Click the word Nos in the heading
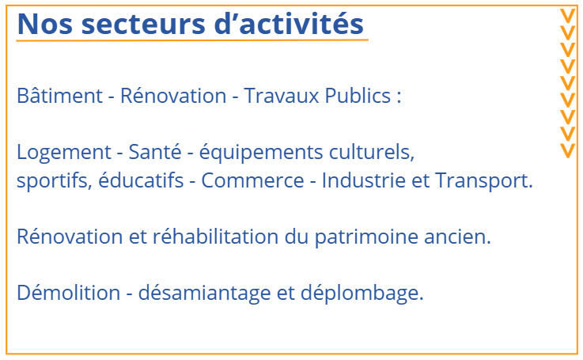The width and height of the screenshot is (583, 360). [44, 24]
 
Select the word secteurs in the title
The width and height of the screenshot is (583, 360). [143, 24]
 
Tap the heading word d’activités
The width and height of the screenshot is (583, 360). [289, 23]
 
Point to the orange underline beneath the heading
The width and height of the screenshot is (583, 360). [192, 40]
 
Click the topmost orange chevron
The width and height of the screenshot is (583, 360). [568, 16]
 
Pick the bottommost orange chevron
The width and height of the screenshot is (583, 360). [568, 150]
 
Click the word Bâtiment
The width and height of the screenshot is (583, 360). [59, 96]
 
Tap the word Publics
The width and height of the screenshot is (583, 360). [358, 96]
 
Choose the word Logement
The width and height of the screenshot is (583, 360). [64, 153]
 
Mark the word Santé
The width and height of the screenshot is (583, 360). [155, 152]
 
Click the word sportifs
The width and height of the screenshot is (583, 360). [55, 180]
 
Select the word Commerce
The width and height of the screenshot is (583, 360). [252, 180]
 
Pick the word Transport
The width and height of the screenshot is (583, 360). [484, 180]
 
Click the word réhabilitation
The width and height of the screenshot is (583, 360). [216, 236]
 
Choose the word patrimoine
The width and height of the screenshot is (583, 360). [366, 237]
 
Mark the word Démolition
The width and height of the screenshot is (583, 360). [69, 292]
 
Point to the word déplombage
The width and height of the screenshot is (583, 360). [362, 293]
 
